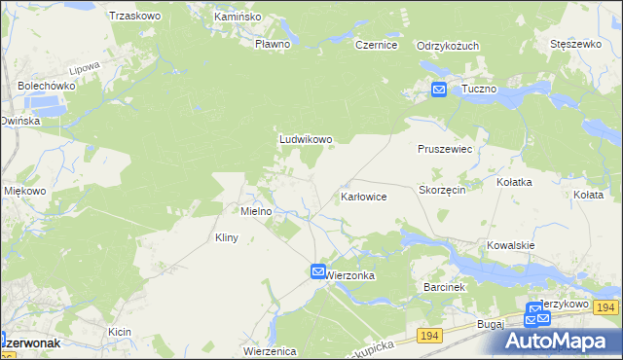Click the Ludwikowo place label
click(306, 139)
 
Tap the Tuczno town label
click(479, 89)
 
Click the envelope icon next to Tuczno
click(439, 90)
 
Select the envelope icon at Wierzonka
click(319, 271)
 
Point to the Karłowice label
click(364, 197)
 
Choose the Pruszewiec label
click(444, 150)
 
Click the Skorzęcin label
click(442, 191)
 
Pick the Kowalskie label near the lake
click(511, 245)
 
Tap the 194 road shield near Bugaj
click(429, 335)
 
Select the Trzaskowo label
click(134, 17)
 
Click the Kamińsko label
click(238, 17)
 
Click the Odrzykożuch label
click(447, 46)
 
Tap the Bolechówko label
click(46, 86)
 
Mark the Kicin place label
click(120, 333)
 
